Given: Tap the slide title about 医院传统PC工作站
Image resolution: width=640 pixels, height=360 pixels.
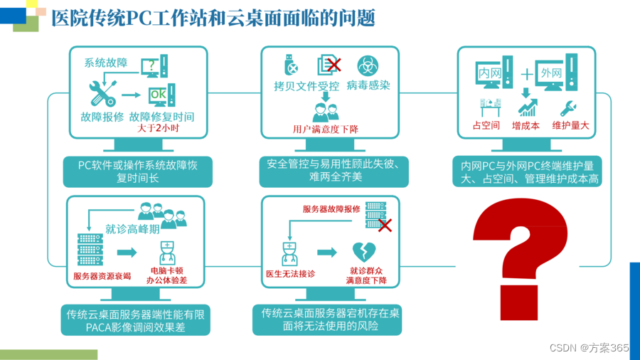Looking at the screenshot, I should [213, 18].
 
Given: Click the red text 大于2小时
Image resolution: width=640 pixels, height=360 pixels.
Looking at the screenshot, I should [161, 128].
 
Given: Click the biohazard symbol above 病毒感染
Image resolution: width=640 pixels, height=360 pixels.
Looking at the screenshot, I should [368, 65].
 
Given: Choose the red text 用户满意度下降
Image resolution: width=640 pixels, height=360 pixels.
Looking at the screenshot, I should [325, 129].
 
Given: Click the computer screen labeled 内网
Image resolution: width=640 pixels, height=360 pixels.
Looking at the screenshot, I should [492, 73].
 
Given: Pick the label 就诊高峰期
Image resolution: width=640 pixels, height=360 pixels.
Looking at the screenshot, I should [132, 228].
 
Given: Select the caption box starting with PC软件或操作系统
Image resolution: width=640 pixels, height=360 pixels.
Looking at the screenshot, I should [138, 171].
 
